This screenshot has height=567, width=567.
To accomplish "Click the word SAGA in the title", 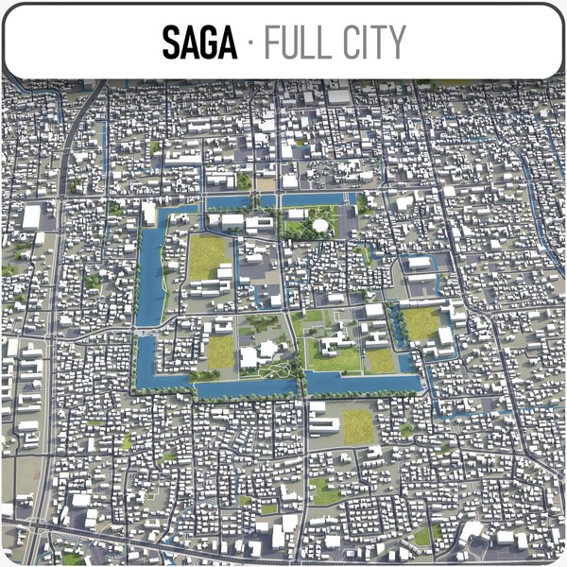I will [199, 43].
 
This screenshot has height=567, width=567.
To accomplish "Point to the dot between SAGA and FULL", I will [250, 43].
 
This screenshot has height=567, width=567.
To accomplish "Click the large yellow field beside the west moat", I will [210, 257].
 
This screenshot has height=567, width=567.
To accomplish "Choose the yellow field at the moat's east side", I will [423, 323].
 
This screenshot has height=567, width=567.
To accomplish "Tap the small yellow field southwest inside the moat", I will [220, 352].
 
